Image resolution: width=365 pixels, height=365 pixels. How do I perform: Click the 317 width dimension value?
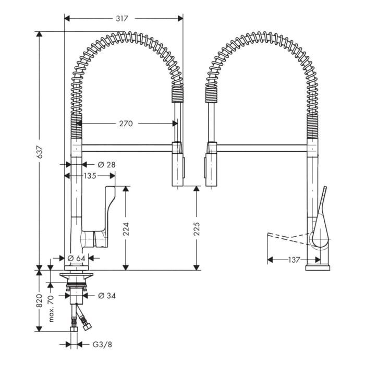[122, 18]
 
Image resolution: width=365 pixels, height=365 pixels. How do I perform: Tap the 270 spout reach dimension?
[126, 124]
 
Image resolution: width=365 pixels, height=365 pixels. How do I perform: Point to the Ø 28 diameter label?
[106, 165]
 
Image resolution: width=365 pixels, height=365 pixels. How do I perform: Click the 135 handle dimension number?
[89, 176]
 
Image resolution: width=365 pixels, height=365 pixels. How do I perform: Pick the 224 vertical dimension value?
[126, 229]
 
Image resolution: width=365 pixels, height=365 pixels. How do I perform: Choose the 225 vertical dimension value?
[197, 229]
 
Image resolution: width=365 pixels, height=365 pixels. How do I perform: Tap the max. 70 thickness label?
[51, 308]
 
